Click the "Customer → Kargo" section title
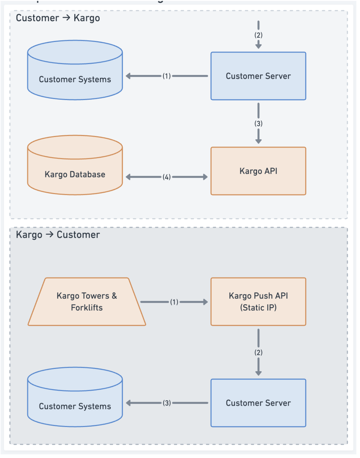[x=58, y=18]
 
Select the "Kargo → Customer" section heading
[x=58, y=235]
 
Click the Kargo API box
[x=258, y=171]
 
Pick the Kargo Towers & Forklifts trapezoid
[x=87, y=302]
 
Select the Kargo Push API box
[x=258, y=302]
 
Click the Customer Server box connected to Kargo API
[x=258, y=76]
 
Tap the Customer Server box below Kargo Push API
[x=258, y=403]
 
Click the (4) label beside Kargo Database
[x=167, y=177]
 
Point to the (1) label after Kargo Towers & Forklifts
[x=174, y=302]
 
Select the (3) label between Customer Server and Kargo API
[x=258, y=124]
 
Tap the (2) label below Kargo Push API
[x=258, y=352]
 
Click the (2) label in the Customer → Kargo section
[x=258, y=35]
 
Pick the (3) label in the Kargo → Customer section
[x=167, y=403]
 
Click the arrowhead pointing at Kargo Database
[x=128, y=177]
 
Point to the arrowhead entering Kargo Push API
[x=205, y=302]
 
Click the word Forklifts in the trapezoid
[x=87, y=308]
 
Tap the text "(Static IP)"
[x=258, y=308]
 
